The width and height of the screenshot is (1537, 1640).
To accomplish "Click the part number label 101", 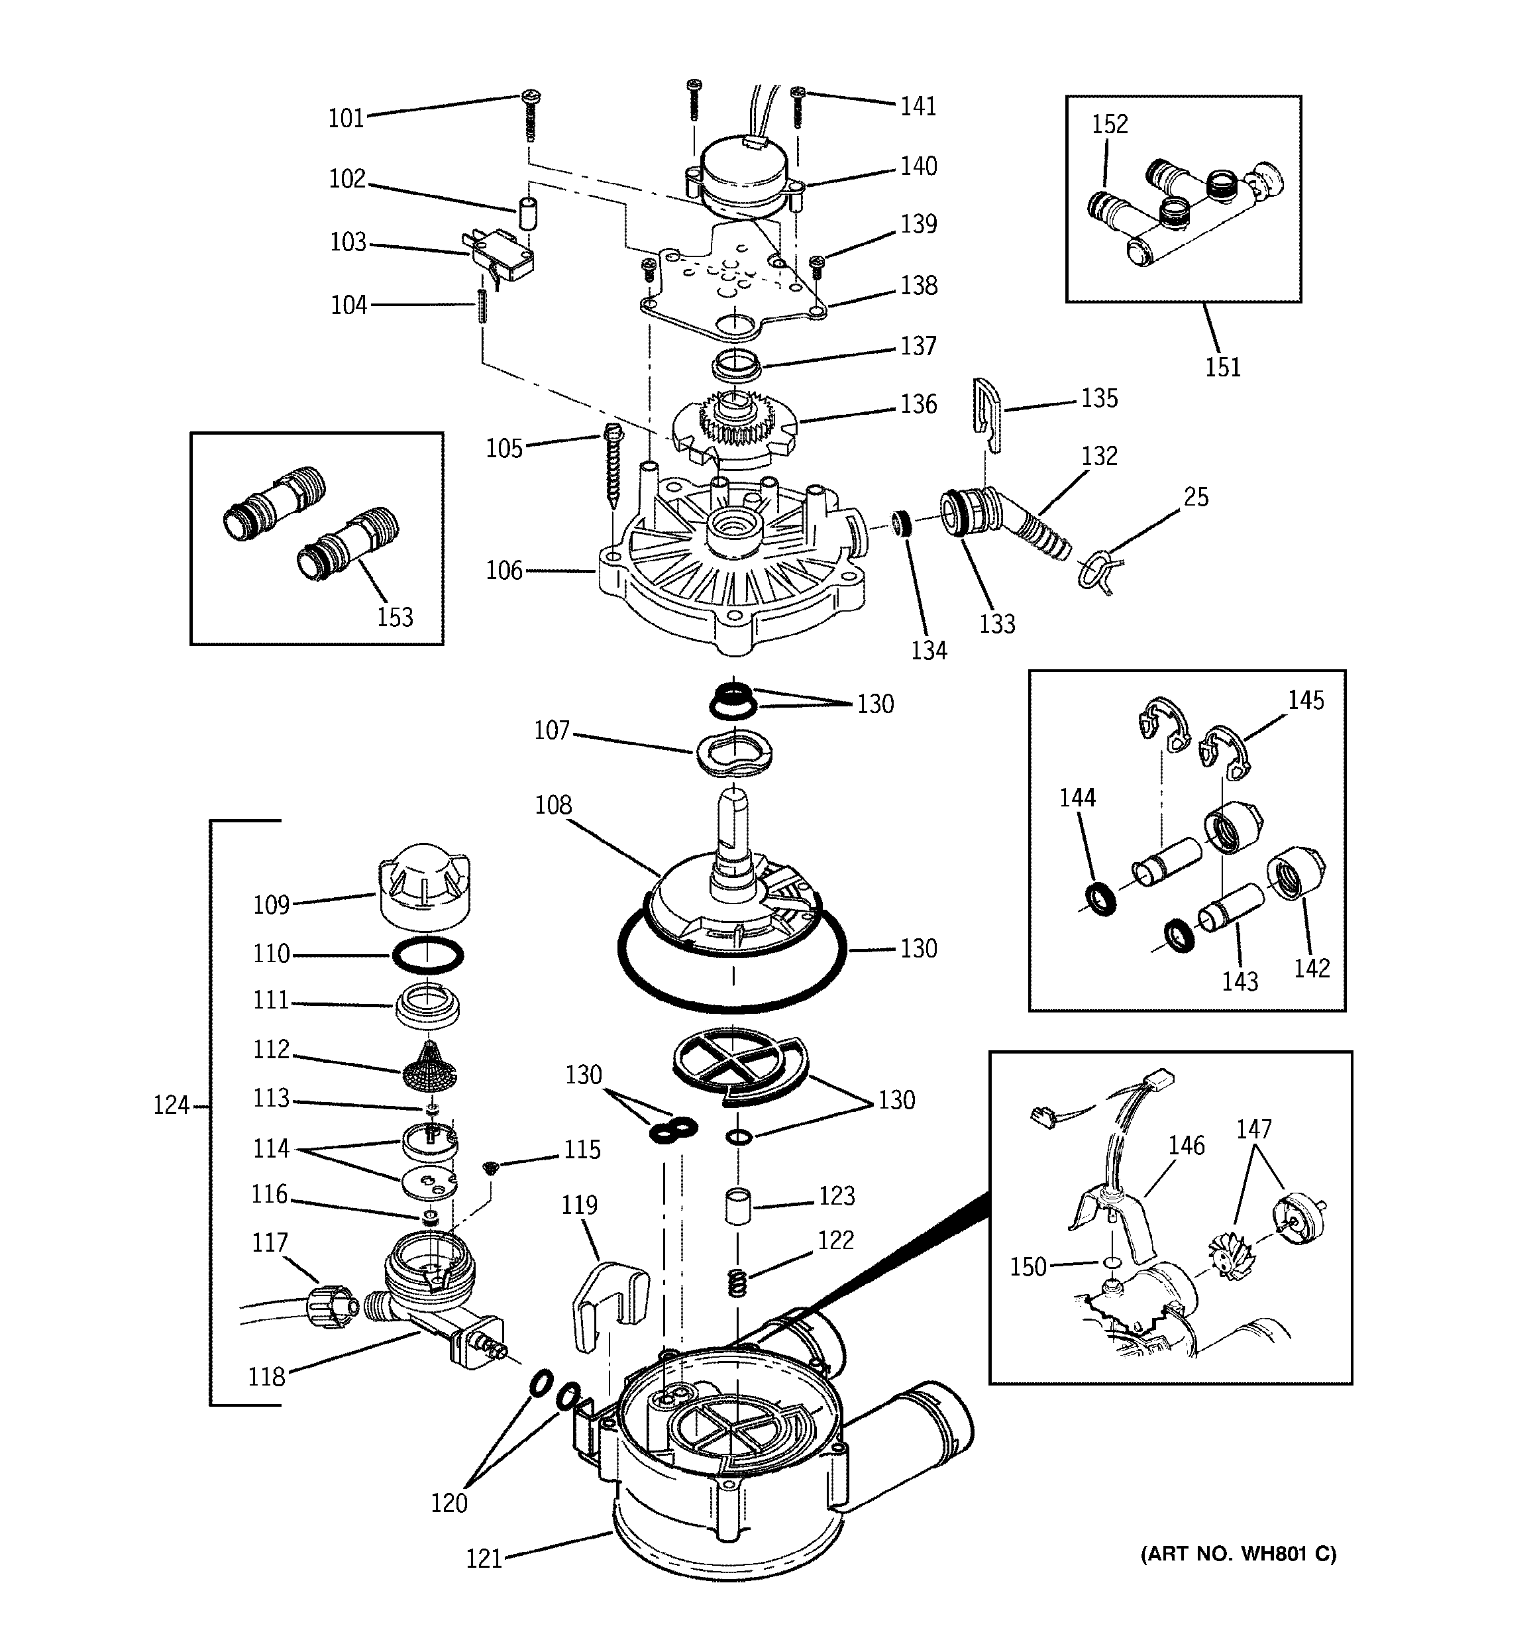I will tap(346, 119).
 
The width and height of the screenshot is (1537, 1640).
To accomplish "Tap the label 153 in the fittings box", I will tap(394, 616).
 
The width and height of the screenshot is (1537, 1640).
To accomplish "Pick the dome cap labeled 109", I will tap(423, 891).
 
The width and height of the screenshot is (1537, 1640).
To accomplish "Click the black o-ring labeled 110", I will tap(427, 956).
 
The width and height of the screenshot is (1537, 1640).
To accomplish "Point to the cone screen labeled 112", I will tap(429, 1067).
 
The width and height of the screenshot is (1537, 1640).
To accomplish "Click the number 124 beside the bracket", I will tap(171, 1105).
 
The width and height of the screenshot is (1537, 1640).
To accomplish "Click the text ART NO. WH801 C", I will tap(1238, 1553).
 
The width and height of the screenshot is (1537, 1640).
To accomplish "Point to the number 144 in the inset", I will tap(1077, 797).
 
